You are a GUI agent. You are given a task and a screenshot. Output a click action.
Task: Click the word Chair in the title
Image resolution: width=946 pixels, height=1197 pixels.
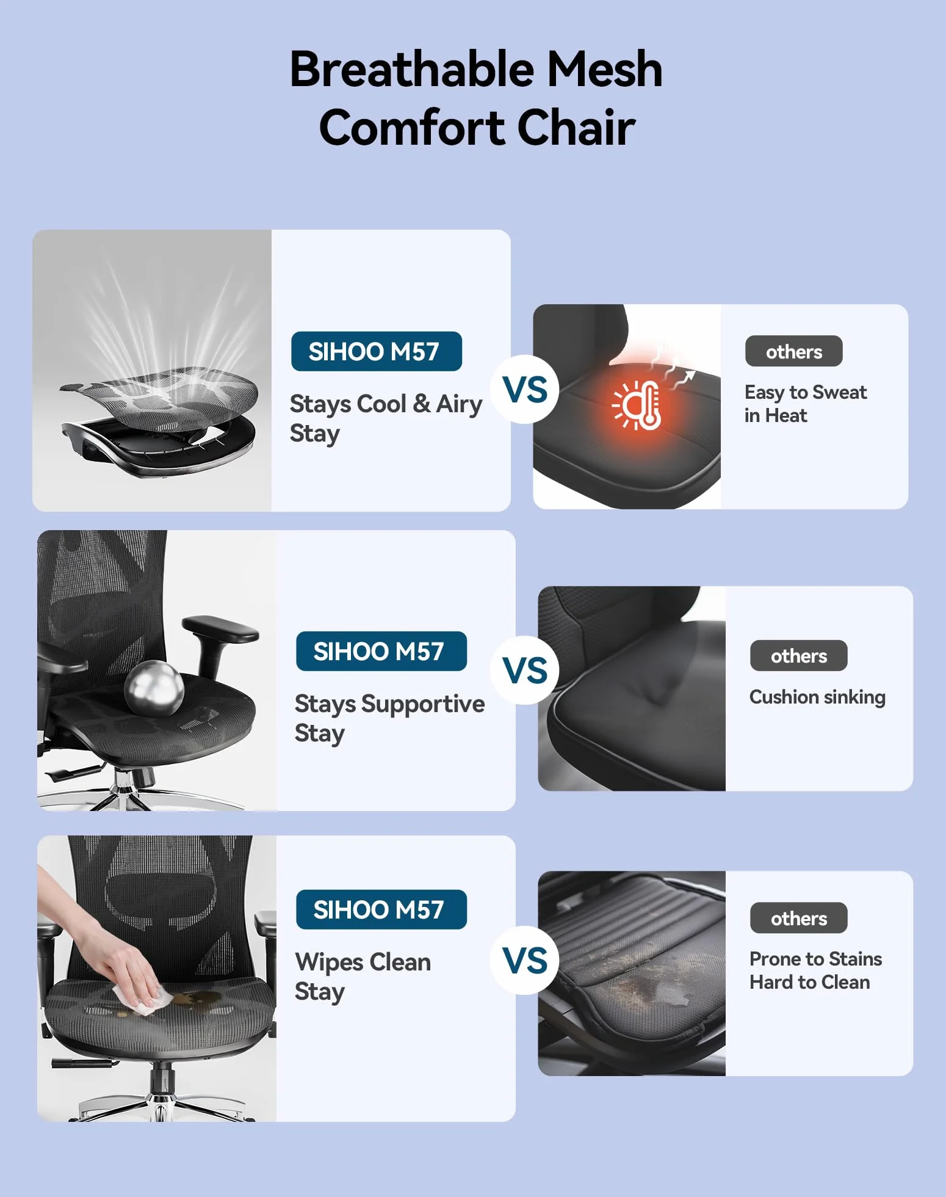pos(576,128)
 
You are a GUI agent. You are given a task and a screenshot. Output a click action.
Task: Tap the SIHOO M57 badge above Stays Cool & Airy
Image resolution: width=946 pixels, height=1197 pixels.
pos(377,351)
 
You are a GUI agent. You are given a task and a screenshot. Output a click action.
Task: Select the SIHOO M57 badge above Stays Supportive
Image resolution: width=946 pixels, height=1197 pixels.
pos(381,651)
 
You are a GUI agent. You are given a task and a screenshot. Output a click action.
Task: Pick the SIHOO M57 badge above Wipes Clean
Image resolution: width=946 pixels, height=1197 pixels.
pos(381,909)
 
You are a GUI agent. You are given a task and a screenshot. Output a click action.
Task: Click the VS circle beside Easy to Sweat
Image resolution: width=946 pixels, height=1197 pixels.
pos(525,390)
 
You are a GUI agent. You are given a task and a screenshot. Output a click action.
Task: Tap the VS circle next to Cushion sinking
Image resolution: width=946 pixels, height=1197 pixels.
pos(525,671)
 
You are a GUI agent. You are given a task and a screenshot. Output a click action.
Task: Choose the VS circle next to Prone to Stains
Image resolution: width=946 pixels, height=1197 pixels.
pos(525,961)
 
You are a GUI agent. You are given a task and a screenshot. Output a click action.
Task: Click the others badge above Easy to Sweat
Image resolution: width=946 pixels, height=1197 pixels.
pos(794,351)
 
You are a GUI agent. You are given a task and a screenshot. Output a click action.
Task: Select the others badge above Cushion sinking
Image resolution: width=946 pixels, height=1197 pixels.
pos(799,656)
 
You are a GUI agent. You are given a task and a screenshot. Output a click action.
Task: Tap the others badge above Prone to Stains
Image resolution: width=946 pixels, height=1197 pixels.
pos(799,918)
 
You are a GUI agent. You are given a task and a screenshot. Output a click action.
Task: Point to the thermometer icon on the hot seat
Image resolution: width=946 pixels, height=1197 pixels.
pos(637,405)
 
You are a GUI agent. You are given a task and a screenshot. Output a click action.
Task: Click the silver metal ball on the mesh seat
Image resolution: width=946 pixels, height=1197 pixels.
pos(154,688)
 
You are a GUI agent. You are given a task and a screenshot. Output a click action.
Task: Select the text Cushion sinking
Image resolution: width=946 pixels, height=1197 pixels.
pos(817,697)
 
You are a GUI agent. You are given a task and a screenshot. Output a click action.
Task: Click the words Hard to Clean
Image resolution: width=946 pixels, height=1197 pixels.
pos(810,982)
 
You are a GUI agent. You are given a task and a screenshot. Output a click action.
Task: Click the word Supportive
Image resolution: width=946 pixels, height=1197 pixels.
pos(423,704)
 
